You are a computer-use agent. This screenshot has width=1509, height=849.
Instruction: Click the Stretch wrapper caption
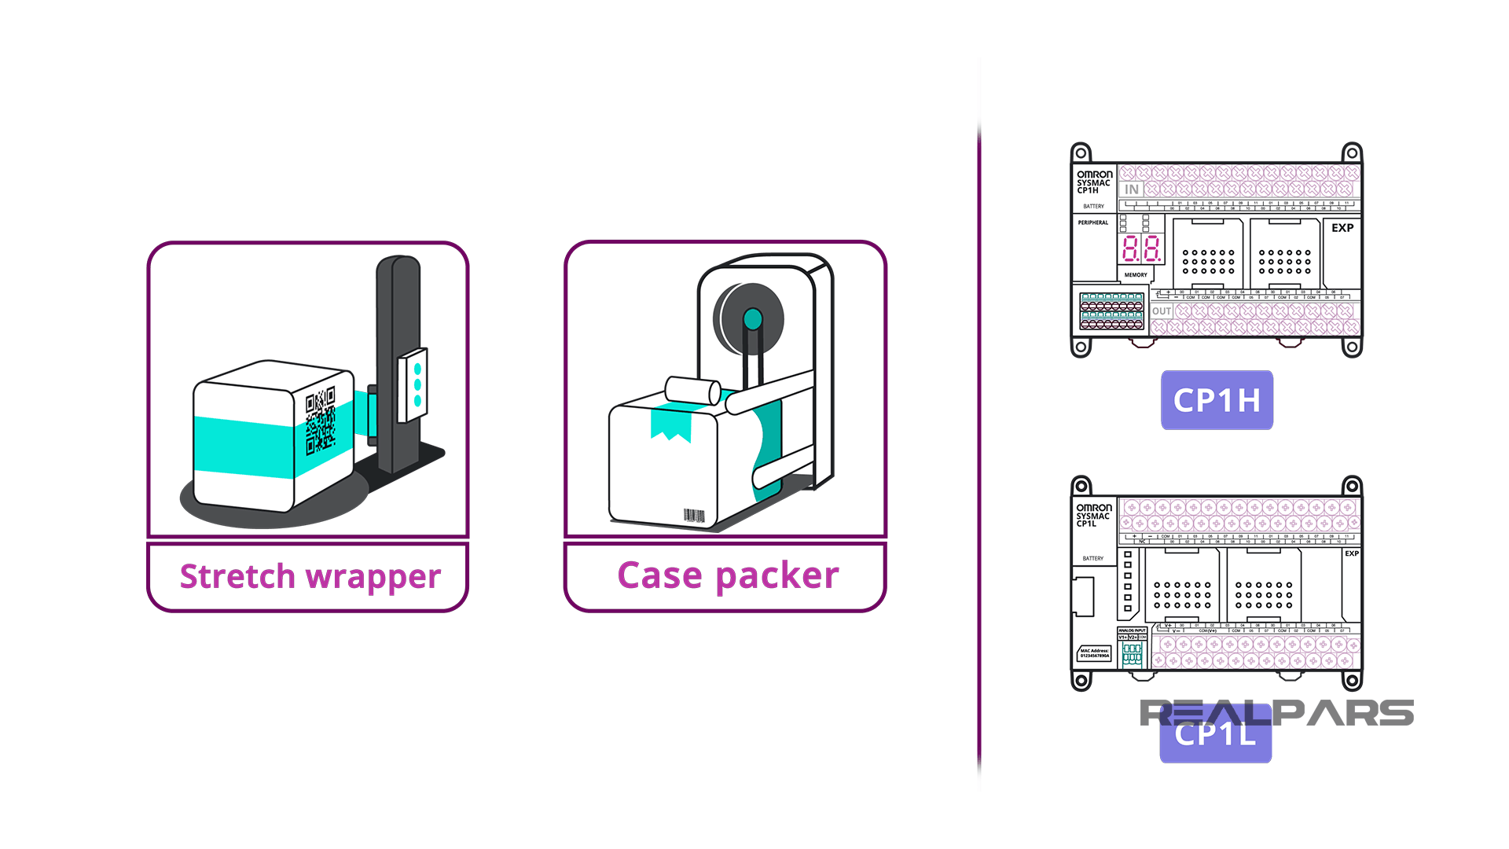tap(310, 576)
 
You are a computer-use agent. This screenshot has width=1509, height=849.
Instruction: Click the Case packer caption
tap(728, 575)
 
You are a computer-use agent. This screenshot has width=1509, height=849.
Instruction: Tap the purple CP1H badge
tap(1217, 400)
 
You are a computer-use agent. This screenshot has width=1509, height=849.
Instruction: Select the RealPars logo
tap(1276, 713)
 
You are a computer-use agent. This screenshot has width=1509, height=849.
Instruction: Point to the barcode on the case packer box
tap(694, 516)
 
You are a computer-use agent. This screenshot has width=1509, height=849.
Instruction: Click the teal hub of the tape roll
tap(752, 319)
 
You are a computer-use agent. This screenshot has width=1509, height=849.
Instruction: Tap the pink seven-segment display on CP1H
tap(1141, 249)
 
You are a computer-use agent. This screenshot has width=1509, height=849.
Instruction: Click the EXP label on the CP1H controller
tap(1342, 228)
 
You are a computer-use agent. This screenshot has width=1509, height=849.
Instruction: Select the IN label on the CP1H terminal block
tap(1131, 189)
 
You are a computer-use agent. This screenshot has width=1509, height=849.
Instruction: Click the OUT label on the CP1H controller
tap(1162, 311)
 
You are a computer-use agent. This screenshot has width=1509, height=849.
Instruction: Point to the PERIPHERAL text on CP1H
tap(1092, 222)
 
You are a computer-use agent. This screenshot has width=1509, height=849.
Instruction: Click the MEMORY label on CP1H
tap(1135, 275)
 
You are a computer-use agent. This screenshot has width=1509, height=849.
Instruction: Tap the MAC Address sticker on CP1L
tap(1094, 653)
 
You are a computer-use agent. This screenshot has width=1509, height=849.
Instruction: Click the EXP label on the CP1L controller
tap(1351, 553)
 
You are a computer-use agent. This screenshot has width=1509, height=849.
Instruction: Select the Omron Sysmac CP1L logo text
tap(1093, 516)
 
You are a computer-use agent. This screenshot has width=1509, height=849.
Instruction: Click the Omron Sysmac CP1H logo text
tap(1094, 182)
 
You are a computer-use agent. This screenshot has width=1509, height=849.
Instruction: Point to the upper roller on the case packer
tap(692, 390)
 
